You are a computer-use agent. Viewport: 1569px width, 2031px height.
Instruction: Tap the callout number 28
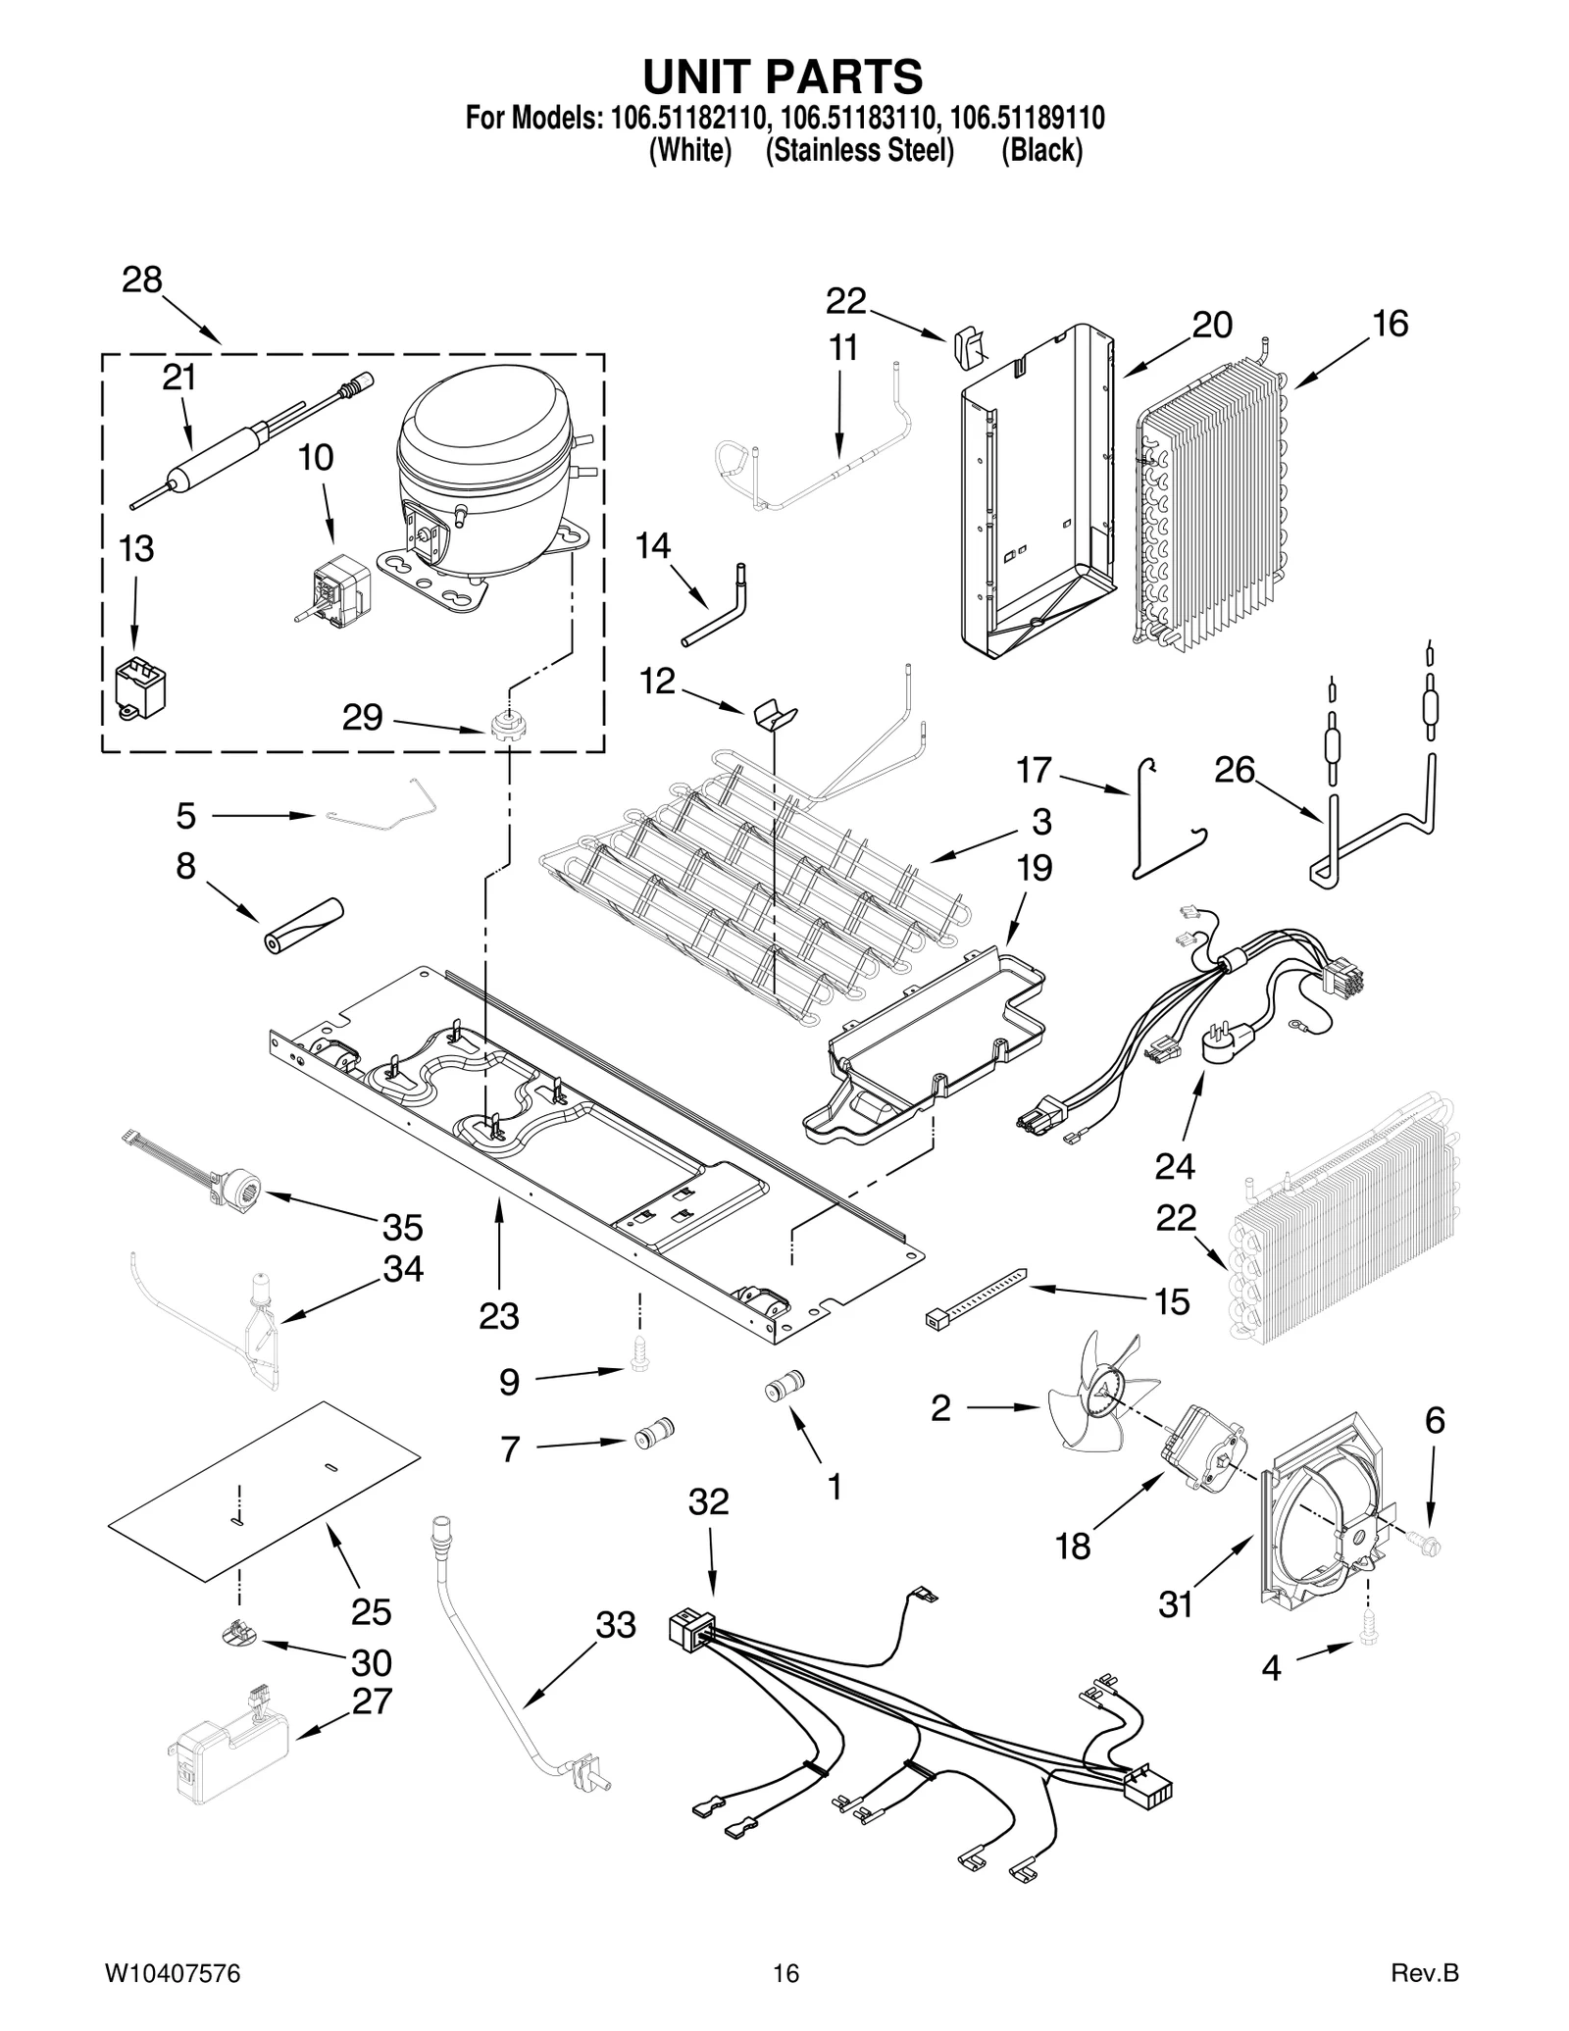(141, 281)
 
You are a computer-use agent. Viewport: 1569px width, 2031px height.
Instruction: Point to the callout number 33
(616, 1625)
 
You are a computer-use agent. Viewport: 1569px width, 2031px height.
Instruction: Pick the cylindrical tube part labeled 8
(303, 924)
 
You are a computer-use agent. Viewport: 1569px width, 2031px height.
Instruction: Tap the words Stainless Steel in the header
(860, 151)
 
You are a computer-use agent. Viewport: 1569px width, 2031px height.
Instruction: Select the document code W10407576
(172, 1973)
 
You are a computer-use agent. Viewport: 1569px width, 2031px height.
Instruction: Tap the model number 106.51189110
(1028, 119)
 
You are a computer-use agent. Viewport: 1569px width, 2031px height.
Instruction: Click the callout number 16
(1390, 324)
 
